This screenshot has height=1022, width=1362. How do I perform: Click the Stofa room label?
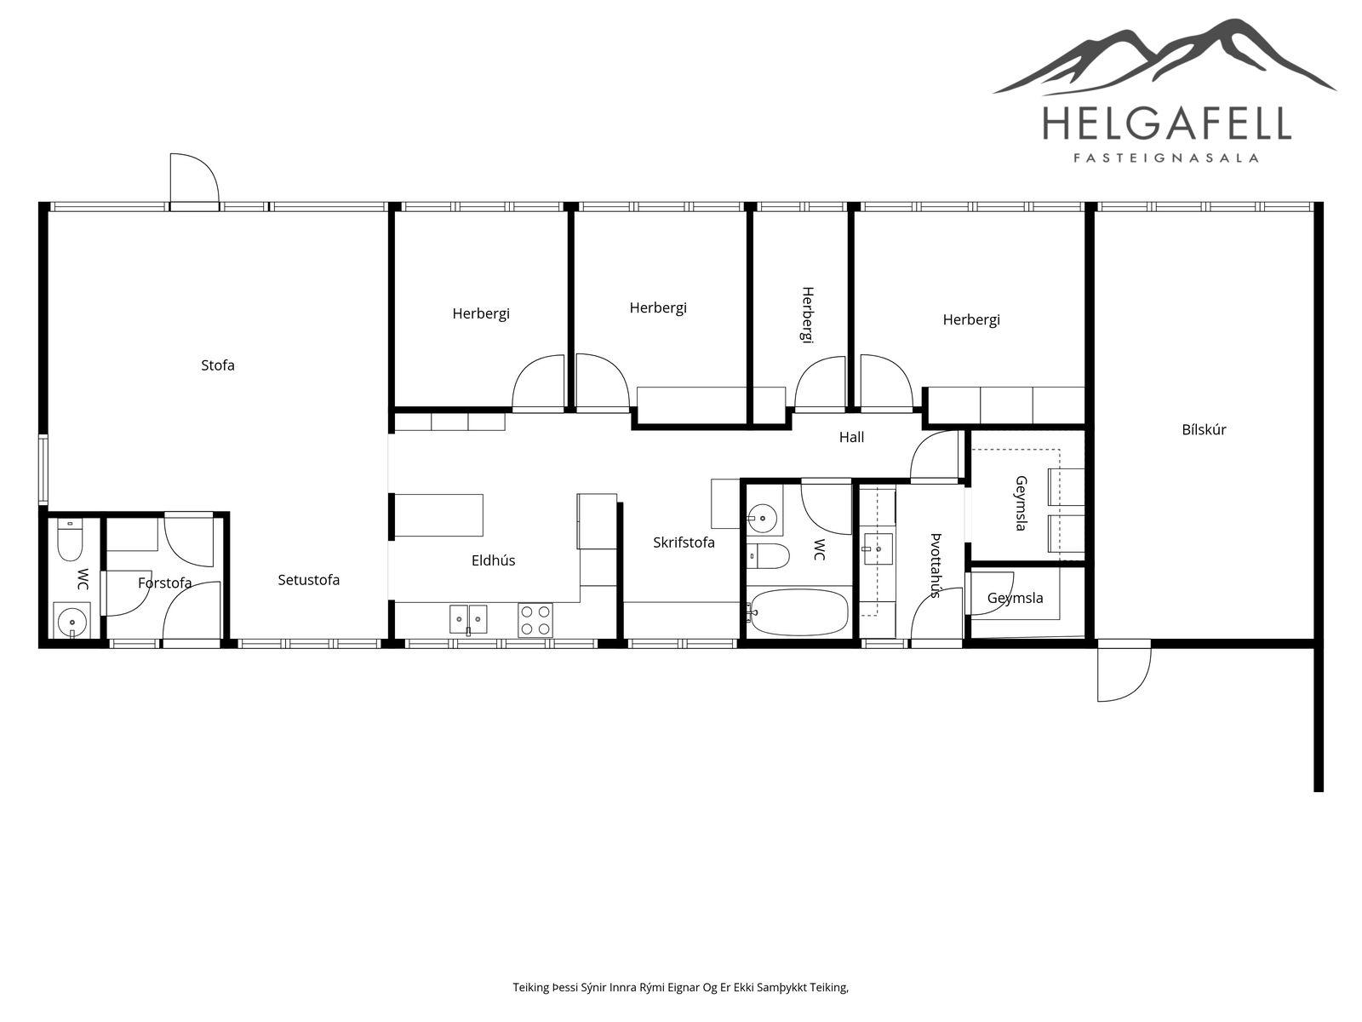[x=218, y=365]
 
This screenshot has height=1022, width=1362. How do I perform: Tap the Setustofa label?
[x=308, y=580]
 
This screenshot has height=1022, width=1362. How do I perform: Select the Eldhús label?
[x=493, y=560]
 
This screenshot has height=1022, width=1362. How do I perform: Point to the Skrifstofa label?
[x=684, y=543]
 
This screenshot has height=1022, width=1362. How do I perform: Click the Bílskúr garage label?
[x=1204, y=429]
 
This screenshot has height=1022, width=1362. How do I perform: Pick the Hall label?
[x=851, y=437]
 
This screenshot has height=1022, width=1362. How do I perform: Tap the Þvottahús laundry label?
[x=936, y=566]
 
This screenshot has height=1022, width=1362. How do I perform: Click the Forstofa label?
[x=164, y=583]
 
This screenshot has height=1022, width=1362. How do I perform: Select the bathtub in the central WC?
[x=798, y=611]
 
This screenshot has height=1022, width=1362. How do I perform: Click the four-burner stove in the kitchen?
[x=535, y=620]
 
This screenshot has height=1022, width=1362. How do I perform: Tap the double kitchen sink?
[x=468, y=620]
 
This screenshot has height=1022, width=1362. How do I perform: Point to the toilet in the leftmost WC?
[x=70, y=541]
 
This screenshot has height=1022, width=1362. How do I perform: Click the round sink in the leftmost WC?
[x=72, y=620]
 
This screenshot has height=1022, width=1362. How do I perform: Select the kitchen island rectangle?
[x=439, y=515]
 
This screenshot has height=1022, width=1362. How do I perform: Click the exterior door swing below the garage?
[x=1124, y=675]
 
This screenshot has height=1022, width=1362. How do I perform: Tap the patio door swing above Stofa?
[x=195, y=181]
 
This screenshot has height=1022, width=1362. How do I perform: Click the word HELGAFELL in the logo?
[x=1166, y=123]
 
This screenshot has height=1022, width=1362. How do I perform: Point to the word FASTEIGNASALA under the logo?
[x=1166, y=158]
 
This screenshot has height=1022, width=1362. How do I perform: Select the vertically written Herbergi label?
[x=807, y=314]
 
